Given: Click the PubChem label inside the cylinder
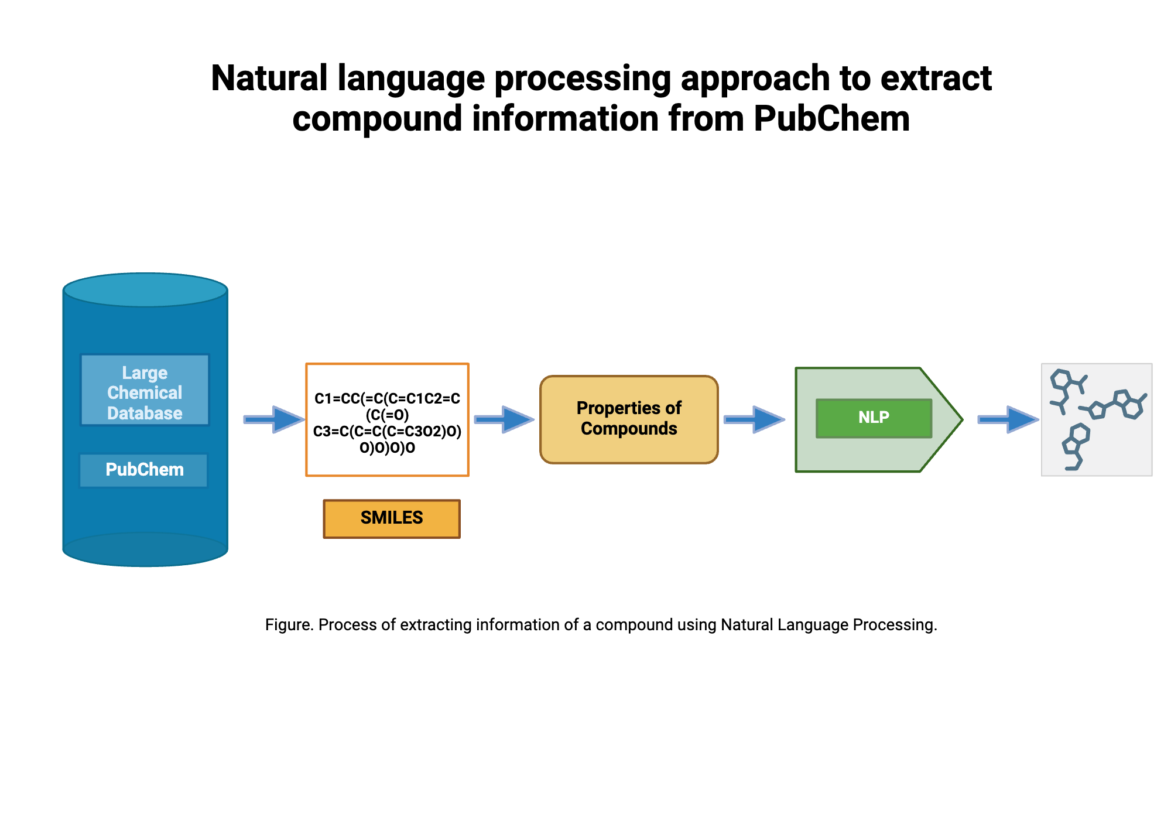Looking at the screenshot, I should [x=144, y=470].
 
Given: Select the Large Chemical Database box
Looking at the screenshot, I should [x=145, y=390].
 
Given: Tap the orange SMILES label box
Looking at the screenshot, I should [x=392, y=518].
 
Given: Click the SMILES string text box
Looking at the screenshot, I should [x=387, y=420].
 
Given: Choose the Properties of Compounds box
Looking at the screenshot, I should [x=629, y=419].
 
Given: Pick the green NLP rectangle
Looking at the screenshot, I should [x=874, y=418].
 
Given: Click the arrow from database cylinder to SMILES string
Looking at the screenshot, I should [x=273, y=419].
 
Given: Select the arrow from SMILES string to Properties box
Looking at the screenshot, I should [x=504, y=419].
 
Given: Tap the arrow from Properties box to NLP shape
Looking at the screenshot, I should [x=754, y=419].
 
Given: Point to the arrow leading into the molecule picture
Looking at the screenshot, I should [x=1007, y=419].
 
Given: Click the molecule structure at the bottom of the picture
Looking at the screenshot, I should [x=1075, y=446].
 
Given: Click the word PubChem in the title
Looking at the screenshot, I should [x=831, y=119].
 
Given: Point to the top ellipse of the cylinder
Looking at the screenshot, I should [x=145, y=289].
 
